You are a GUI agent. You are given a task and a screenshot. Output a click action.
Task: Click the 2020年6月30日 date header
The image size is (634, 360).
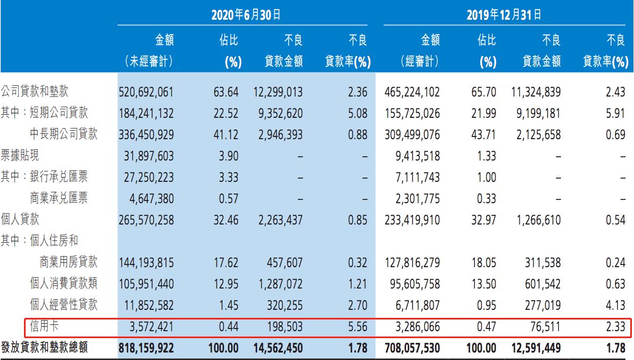tap(245, 14)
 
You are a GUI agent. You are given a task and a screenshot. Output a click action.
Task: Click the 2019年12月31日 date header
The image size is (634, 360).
tap(505, 14)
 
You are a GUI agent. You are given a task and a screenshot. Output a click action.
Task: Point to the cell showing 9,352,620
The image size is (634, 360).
tap(277, 113)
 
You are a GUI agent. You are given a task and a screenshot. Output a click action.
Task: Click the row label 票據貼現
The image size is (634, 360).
tap(20, 155)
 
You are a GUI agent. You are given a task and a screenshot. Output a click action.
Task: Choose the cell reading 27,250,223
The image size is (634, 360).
tap(147, 177)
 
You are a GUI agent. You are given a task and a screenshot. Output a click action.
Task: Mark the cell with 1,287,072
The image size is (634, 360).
tap(277, 283)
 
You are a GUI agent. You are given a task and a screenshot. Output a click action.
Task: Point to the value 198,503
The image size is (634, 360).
tap(283, 326)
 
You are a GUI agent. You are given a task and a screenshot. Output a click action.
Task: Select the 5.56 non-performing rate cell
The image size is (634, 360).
tap(357, 326)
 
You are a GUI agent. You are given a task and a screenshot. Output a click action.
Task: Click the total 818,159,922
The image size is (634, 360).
tap(146, 348)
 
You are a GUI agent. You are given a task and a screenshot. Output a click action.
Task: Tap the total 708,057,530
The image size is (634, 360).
tap(411, 348)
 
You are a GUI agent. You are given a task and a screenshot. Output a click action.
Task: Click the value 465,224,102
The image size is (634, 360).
tap(411, 92)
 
